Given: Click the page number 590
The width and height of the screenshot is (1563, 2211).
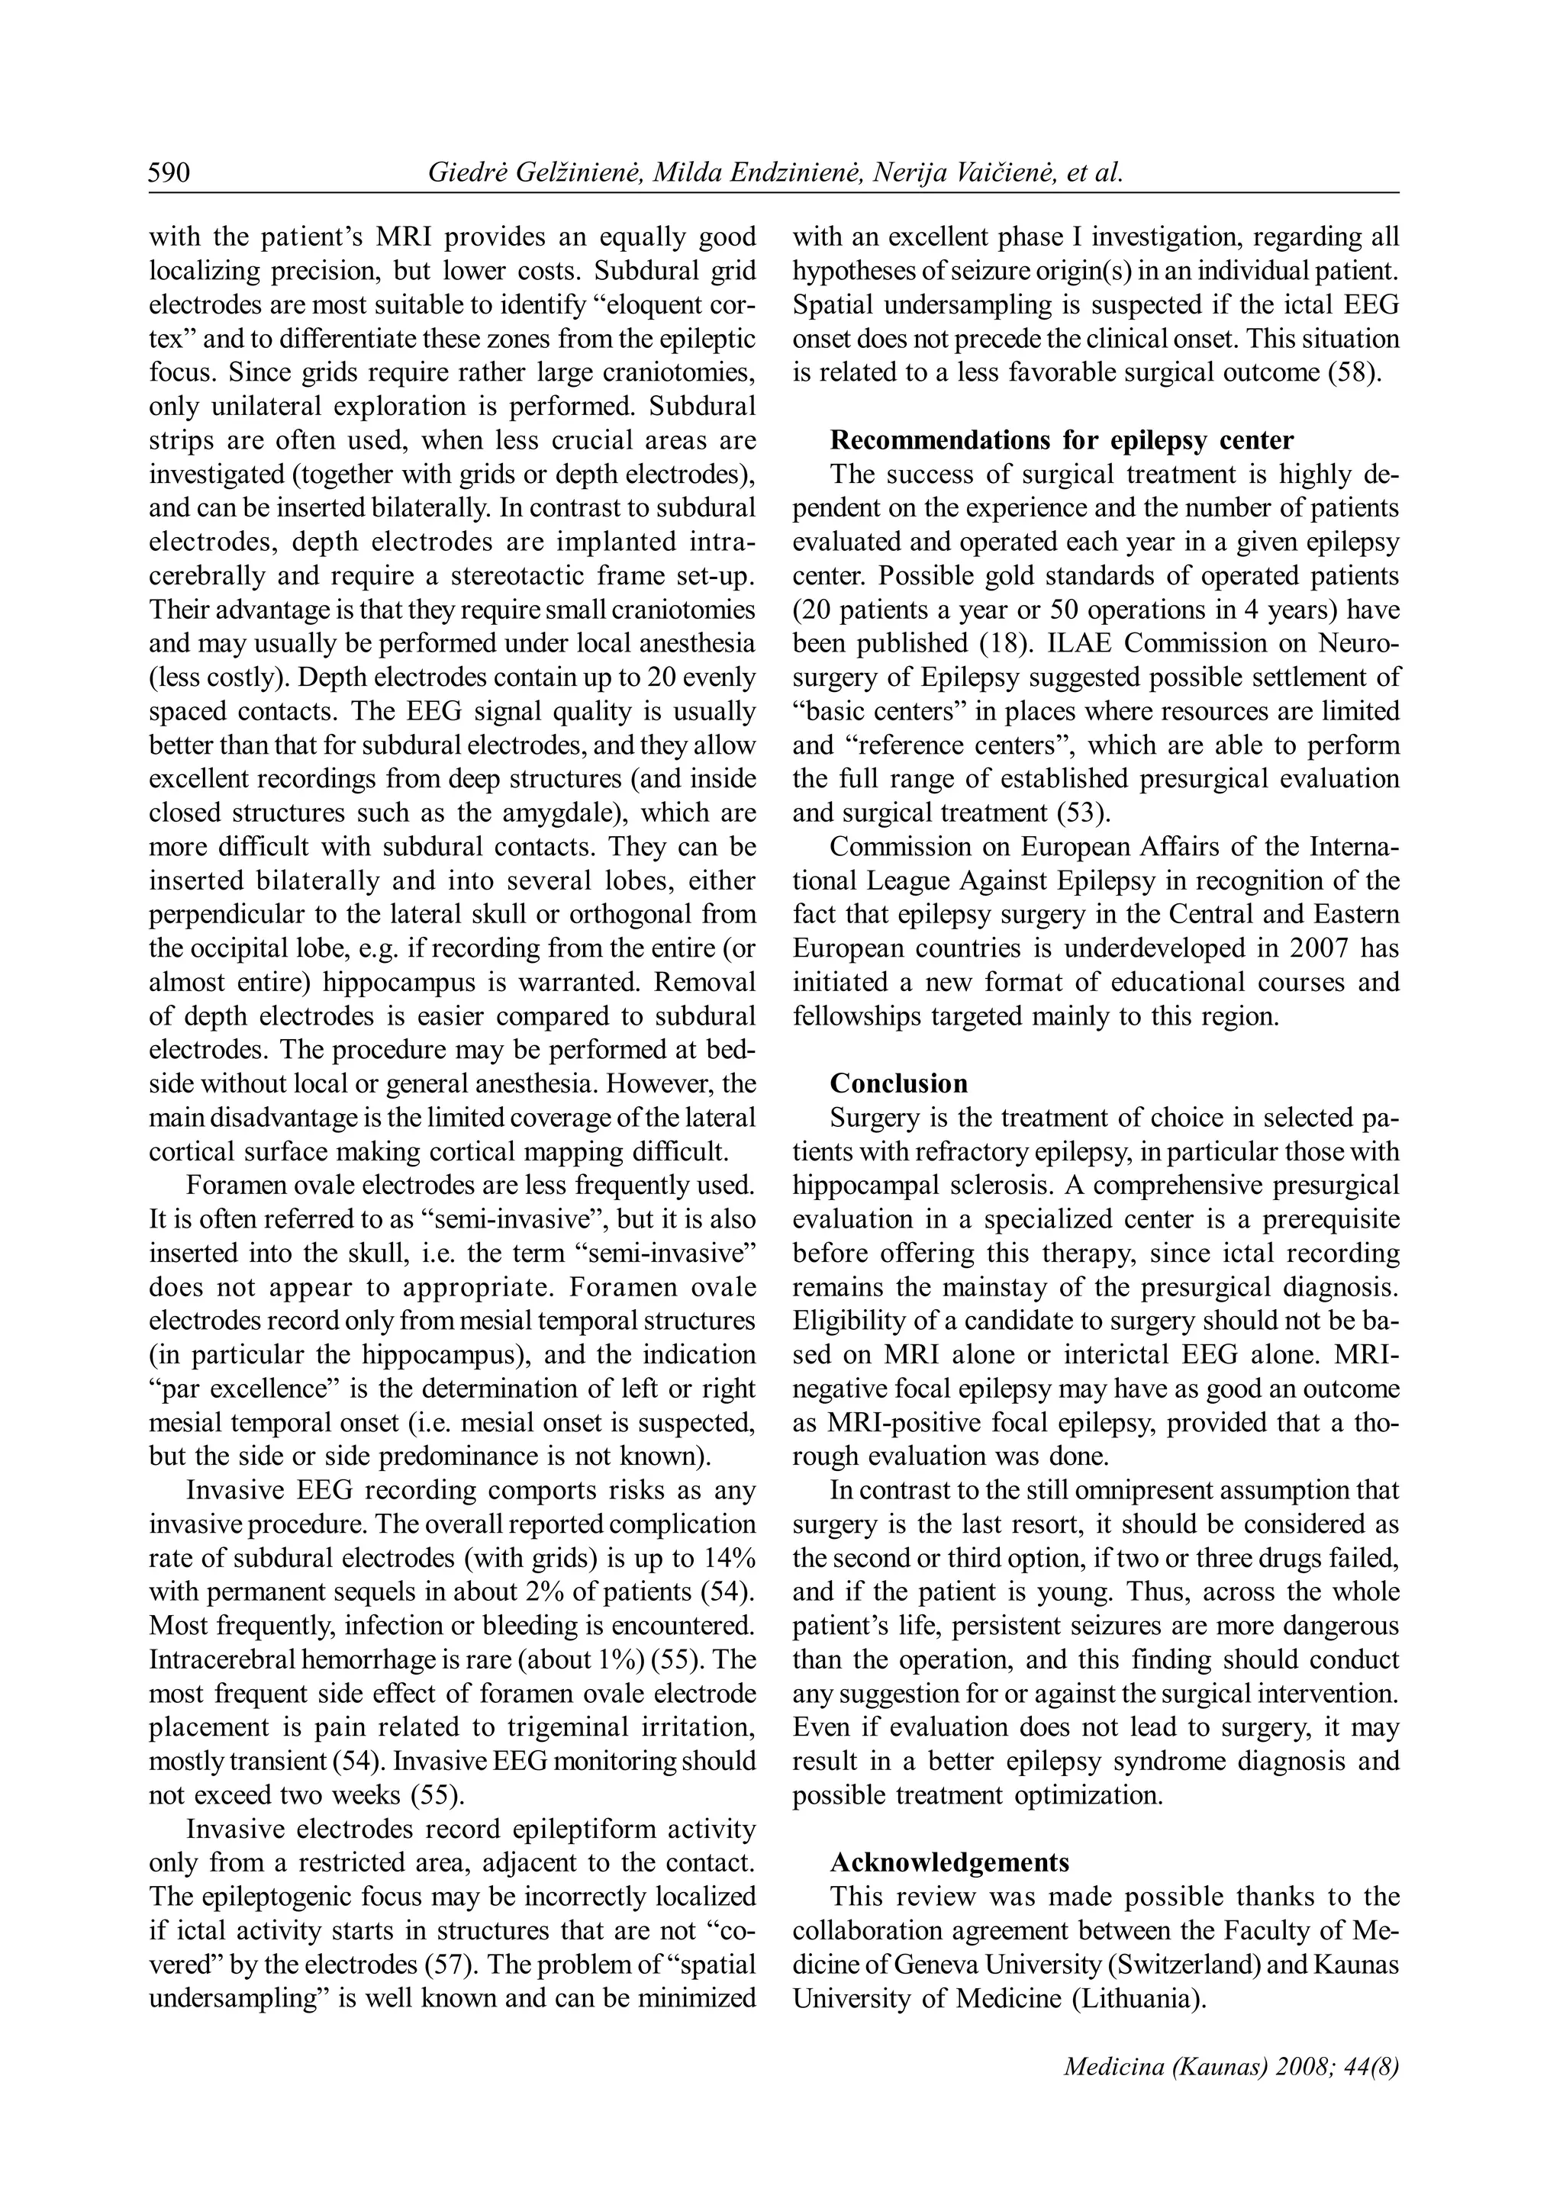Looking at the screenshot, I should (x=169, y=173).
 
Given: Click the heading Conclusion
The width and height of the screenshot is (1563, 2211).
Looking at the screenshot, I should (x=898, y=1083).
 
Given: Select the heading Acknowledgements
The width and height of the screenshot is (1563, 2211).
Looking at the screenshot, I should (x=949, y=1862).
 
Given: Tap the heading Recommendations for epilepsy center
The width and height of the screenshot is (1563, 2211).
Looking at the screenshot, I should (x=1062, y=440).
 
